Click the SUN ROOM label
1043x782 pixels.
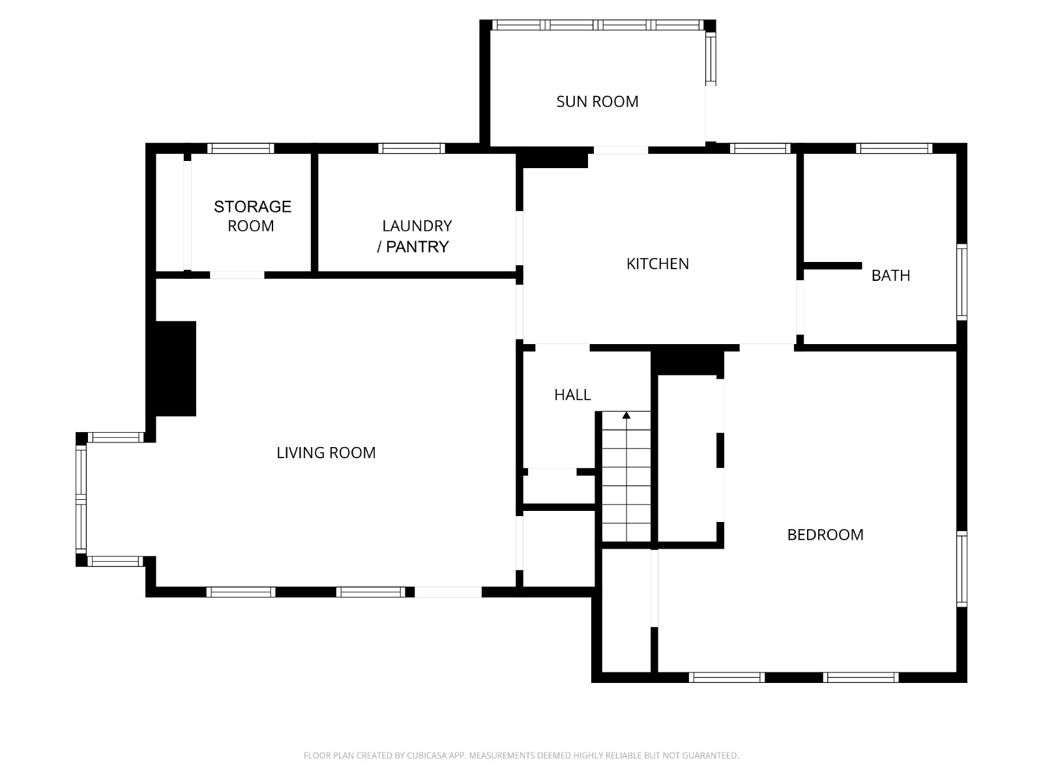tap(597, 102)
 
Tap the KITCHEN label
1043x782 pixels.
tap(657, 263)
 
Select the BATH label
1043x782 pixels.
tap(890, 276)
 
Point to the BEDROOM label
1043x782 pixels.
tap(825, 534)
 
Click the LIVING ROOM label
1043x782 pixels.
tap(326, 452)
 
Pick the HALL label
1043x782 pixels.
tap(572, 394)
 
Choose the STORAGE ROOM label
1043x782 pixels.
tap(252, 216)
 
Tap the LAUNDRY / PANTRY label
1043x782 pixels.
tap(415, 236)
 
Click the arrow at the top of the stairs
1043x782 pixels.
tap(626, 416)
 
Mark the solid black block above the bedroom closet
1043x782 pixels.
tap(687, 363)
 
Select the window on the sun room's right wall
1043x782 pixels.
tap(711, 59)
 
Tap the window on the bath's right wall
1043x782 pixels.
tap(962, 282)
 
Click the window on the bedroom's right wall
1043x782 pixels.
tap(962, 569)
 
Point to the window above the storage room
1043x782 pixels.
tap(241, 148)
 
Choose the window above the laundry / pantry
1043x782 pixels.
tap(411, 148)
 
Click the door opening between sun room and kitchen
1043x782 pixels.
tap(621, 150)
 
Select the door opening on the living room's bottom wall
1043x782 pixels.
tap(448, 592)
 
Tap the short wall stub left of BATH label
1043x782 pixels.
tap(832, 266)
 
